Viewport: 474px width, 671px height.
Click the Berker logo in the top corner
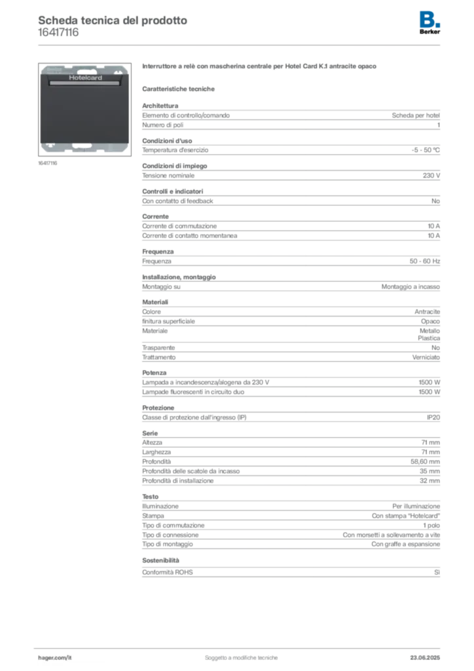429,23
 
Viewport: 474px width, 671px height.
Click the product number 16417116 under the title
58,33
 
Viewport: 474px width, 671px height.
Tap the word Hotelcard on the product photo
86,77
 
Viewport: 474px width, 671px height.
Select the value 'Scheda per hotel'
416,115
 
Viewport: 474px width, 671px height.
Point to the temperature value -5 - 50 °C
426,150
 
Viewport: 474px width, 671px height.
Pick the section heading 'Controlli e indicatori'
173,191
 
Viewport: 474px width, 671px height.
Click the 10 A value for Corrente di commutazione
434,226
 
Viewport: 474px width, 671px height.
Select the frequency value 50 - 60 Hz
424,261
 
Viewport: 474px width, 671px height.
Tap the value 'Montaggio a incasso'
410,287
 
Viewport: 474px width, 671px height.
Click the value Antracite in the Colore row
427,311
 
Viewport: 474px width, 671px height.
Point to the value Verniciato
426,357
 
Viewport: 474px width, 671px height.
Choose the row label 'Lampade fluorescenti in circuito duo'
193,392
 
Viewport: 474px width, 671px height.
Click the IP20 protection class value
433,417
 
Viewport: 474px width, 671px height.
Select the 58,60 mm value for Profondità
426,462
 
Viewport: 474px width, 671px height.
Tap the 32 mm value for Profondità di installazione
429,480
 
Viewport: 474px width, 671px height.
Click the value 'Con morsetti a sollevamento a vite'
391,535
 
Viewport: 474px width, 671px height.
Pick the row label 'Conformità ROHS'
168,572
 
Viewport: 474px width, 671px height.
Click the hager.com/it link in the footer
55,658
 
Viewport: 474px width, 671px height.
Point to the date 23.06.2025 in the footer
425,658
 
